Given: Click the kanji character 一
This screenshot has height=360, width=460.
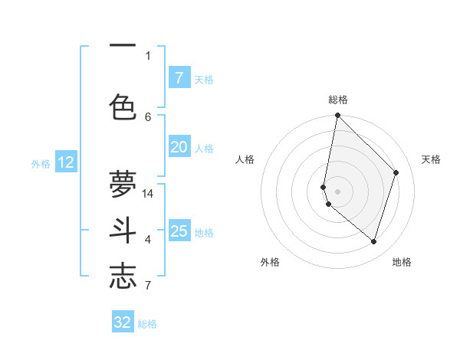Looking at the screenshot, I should click(x=123, y=44).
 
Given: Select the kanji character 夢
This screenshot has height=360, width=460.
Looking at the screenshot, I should click(x=123, y=185).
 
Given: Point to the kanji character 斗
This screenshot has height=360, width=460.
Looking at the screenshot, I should click(x=123, y=231).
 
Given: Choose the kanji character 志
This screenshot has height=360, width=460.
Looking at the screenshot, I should click(x=123, y=277).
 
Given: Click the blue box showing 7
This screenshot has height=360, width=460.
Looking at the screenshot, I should click(x=179, y=78).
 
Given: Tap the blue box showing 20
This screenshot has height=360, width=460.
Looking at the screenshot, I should click(x=179, y=147).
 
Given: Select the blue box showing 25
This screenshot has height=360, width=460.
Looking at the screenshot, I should click(x=179, y=231).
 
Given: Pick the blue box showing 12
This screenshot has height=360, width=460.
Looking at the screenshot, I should click(x=66, y=162).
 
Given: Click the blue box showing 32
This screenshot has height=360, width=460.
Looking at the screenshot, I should click(x=123, y=322).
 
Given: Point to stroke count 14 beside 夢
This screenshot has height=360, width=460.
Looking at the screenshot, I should click(x=149, y=193).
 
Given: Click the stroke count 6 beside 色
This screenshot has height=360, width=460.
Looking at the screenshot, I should click(x=148, y=116).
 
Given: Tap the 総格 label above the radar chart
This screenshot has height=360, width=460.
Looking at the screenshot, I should click(x=338, y=100).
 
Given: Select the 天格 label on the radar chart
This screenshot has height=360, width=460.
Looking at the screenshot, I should click(x=431, y=159).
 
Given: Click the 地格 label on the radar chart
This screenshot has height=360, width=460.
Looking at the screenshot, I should click(x=402, y=262).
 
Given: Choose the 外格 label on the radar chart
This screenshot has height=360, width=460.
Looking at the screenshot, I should click(x=270, y=262).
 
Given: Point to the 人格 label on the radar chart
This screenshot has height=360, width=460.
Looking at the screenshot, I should click(x=245, y=159).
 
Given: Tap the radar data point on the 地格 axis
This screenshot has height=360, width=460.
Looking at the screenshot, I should click(x=373, y=241).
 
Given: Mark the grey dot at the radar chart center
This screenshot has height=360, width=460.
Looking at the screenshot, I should click(x=338, y=191).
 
